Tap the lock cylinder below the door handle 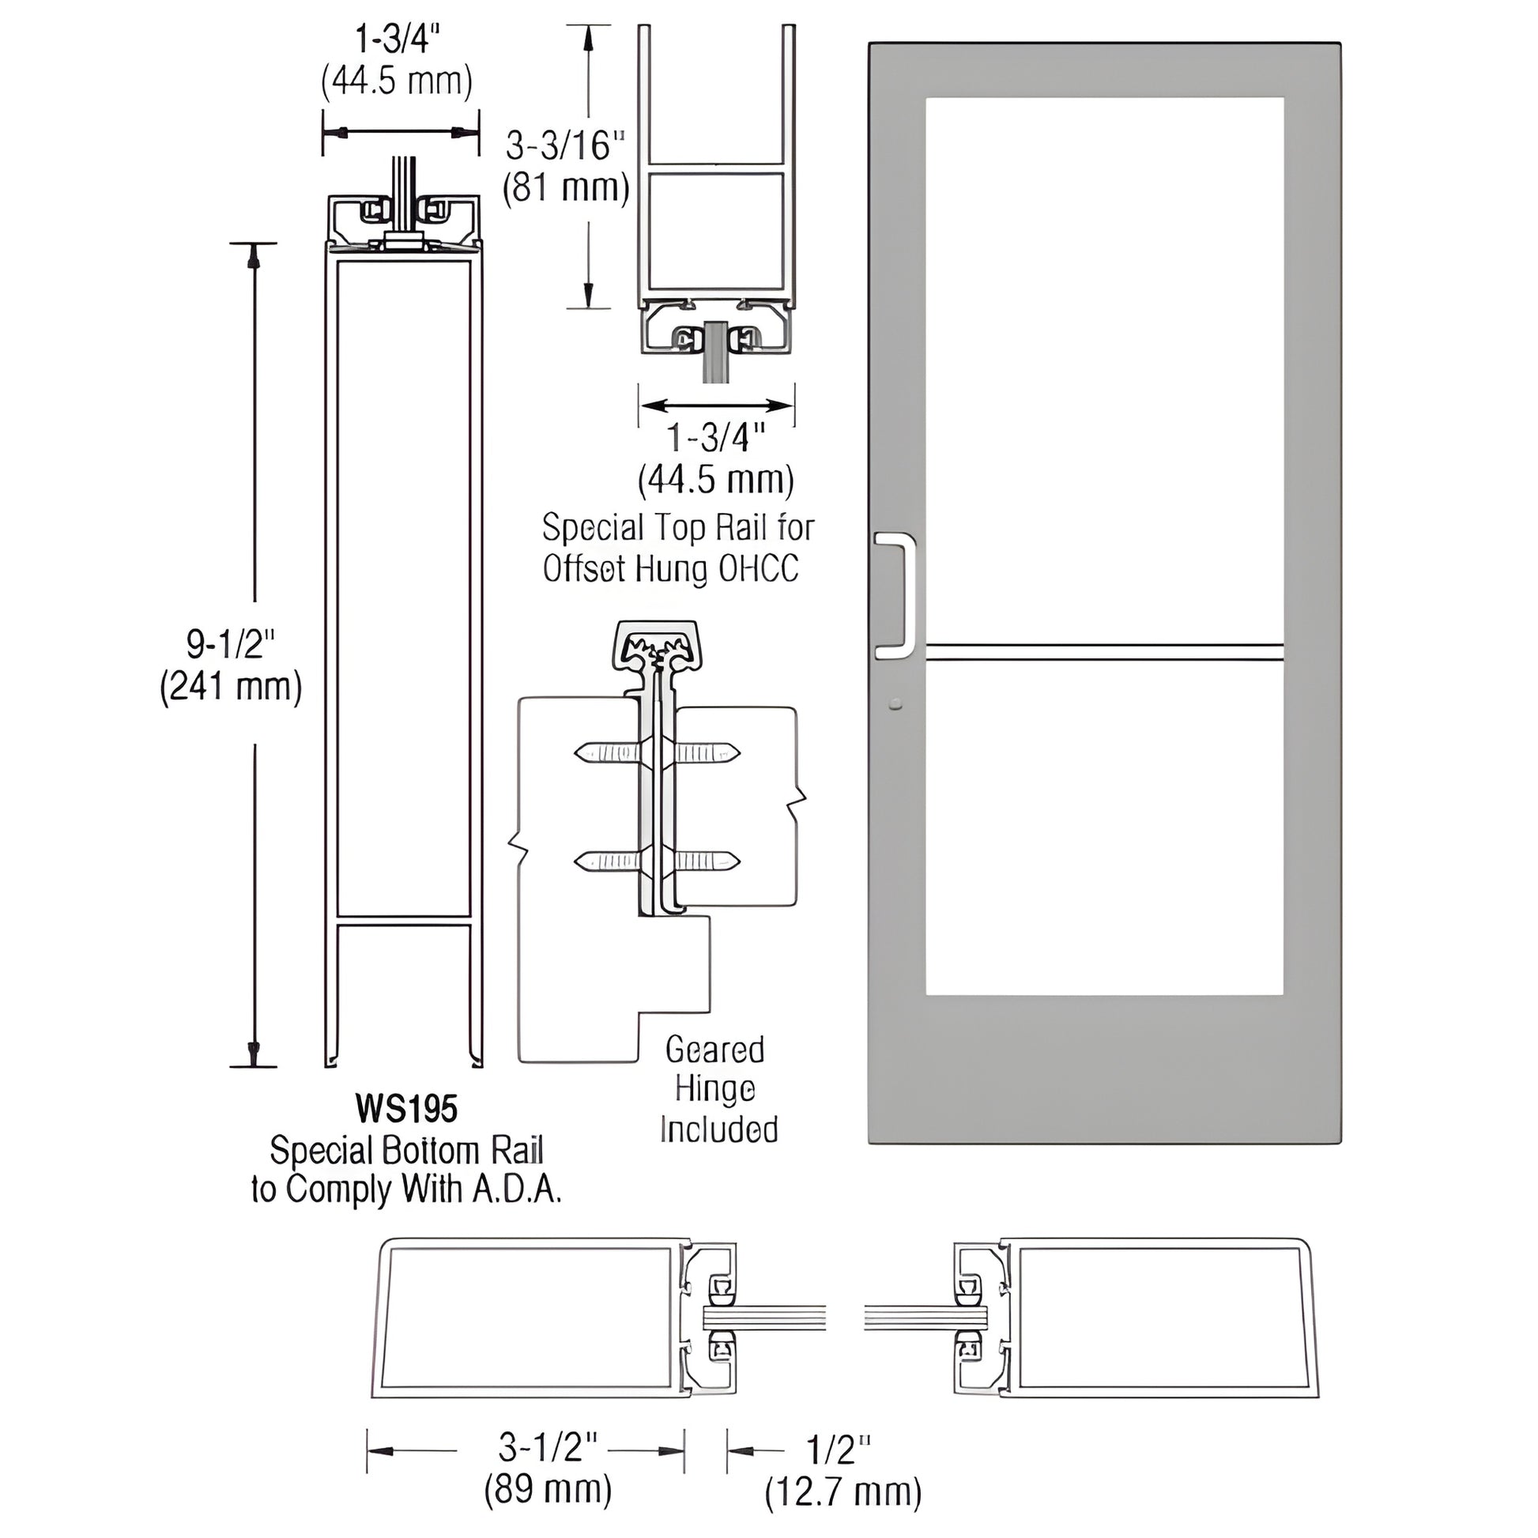[896, 703]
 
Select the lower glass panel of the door [1104, 828]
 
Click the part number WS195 [406, 1108]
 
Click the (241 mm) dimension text [231, 686]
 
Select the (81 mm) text [566, 189]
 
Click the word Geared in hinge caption [715, 1050]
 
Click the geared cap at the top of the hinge [658, 643]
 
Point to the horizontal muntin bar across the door [1104, 652]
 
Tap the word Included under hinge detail [719, 1129]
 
